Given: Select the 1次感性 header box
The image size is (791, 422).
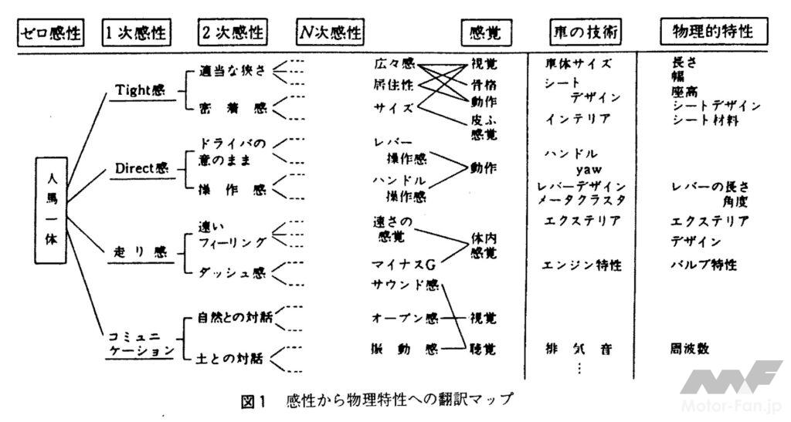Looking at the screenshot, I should coord(137,32).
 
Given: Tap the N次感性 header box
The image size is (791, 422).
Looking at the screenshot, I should coord(330,32).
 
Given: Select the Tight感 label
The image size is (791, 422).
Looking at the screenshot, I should coord(141,90).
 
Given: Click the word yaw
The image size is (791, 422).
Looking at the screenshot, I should coord(589,168).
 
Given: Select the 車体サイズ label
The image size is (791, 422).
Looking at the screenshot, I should coord(579,65).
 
